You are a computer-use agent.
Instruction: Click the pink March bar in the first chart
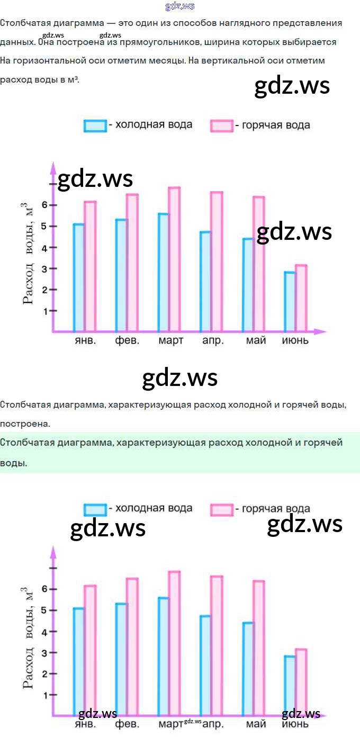[x=174, y=259]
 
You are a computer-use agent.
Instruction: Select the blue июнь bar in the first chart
[x=290, y=302]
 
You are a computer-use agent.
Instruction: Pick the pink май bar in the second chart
[x=258, y=649]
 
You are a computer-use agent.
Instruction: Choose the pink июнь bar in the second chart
[x=301, y=683]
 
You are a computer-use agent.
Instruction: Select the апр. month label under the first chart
[x=213, y=340]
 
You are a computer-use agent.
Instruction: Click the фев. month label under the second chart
[x=127, y=724]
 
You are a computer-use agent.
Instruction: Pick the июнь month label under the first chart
[x=295, y=340]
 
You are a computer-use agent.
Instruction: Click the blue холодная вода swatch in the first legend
[x=95, y=125]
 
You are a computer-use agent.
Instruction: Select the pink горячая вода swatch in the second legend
[x=222, y=509]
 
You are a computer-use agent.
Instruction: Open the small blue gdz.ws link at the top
[x=180, y=6]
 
